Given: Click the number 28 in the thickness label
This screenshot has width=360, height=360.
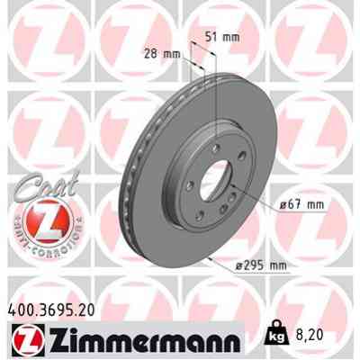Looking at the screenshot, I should [x=152, y=53].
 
